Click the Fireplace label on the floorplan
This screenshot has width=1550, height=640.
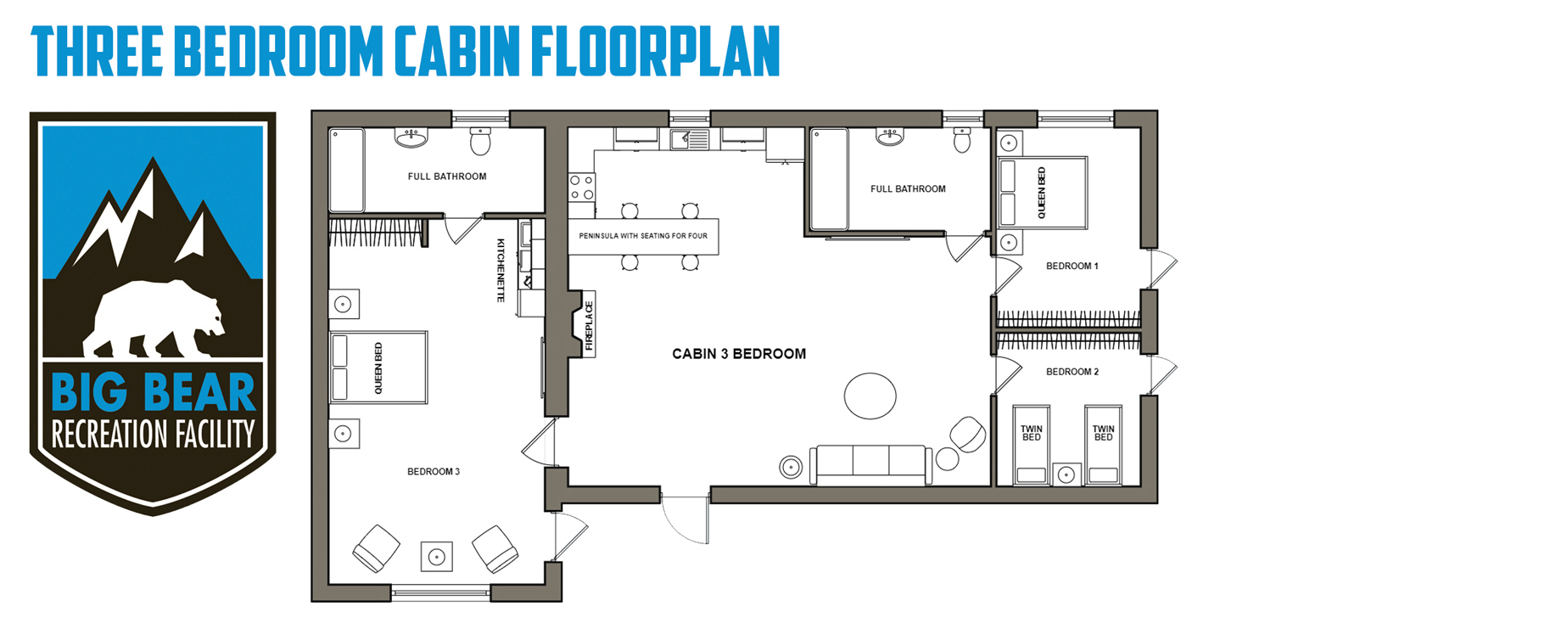click(x=590, y=326)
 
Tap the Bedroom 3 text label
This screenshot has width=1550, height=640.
click(x=434, y=472)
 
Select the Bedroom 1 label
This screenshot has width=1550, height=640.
click(x=1072, y=267)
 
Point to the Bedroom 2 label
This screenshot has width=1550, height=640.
click(x=1072, y=372)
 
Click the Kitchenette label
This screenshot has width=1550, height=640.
click(x=501, y=270)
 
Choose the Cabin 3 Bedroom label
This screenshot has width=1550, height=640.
click(x=739, y=354)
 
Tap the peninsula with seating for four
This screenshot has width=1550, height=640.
click(x=643, y=236)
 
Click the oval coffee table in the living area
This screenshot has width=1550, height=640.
click(x=870, y=396)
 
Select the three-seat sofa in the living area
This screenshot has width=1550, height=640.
click(x=871, y=464)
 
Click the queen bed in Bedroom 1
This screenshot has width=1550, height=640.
click(x=1043, y=193)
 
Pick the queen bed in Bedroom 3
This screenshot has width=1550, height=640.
click(x=378, y=368)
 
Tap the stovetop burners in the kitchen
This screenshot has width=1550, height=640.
click(x=581, y=188)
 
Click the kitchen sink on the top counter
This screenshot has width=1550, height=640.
click(x=690, y=139)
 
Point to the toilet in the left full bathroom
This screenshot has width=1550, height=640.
click(x=480, y=141)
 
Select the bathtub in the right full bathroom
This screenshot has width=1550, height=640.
click(x=829, y=179)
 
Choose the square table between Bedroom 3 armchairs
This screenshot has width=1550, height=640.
click(x=437, y=557)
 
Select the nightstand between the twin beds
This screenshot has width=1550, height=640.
click(x=1066, y=474)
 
